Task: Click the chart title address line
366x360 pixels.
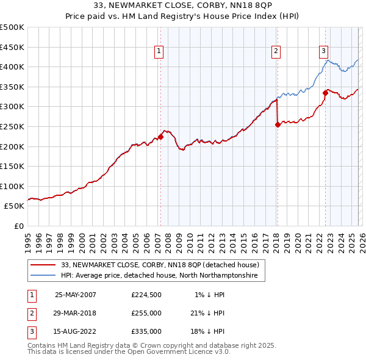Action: (183, 5)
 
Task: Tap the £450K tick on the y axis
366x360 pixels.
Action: (12, 47)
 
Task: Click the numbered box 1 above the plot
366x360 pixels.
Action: (159, 52)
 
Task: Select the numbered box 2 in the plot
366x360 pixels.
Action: (276, 52)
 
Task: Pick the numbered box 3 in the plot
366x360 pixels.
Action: (323, 52)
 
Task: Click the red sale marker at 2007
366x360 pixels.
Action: (161, 137)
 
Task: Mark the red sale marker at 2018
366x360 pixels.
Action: (278, 124)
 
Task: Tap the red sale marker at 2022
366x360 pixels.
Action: (325, 93)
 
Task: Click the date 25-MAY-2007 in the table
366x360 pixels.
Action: (76, 295)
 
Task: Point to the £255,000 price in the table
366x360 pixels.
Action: (146, 313)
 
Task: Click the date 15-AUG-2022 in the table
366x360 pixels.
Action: (76, 331)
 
